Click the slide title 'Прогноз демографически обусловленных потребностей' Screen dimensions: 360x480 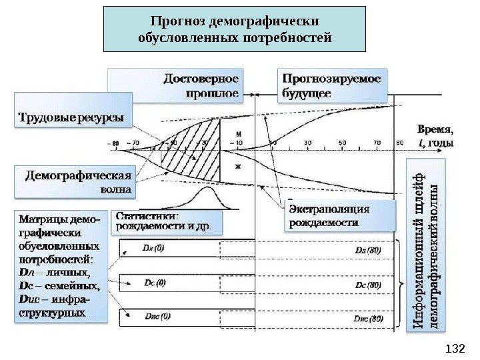pyautogui.click(x=234, y=29)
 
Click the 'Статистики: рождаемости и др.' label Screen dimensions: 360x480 pyautogui.click(x=164, y=221)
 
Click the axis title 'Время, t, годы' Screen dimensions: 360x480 pyautogui.click(x=435, y=136)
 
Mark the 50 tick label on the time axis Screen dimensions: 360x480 pyautogui.click(x=342, y=143)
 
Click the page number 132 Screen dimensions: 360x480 pyautogui.click(x=453, y=348)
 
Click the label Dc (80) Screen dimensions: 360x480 pyautogui.click(x=368, y=285)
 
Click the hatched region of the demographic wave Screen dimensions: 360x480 pyautogui.click(x=200, y=150)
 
